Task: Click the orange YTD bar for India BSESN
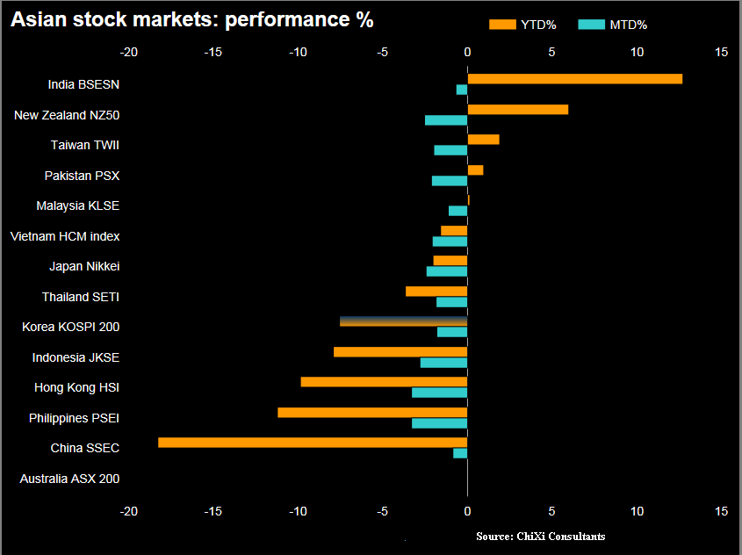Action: coord(574,79)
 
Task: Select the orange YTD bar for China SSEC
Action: coord(313,443)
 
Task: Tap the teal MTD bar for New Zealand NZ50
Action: coord(446,120)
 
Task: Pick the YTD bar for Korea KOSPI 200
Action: coord(403,321)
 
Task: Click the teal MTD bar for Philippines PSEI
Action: coord(439,423)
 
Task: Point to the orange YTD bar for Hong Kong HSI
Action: coord(384,382)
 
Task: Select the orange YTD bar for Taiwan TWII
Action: coord(483,140)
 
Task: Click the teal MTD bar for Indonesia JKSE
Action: coord(443,363)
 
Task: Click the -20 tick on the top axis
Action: coord(129,53)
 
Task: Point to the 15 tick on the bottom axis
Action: coord(721,511)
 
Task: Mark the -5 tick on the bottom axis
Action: coord(383,511)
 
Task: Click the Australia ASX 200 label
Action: coord(69,479)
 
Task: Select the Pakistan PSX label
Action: coord(82,176)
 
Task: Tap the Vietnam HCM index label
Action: coord(65,236)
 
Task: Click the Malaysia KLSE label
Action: coord(77,205)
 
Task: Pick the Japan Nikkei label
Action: coord(84,267)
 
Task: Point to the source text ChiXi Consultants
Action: coord(540,536)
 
